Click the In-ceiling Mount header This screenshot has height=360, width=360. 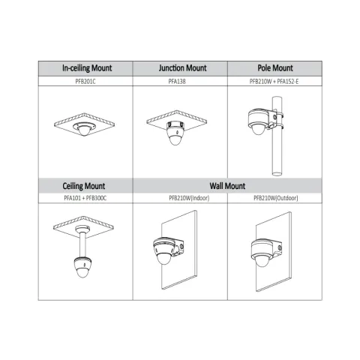click(87, 68)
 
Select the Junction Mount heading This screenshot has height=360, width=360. click(182, 68)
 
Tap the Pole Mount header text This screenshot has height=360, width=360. click(275, 68)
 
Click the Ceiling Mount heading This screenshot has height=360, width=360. click(84, 186)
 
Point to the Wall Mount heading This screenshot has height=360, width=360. click(227, 186)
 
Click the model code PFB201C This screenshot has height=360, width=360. click(85, 82)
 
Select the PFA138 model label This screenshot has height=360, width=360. click(177, 82)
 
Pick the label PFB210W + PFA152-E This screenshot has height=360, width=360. click(274, 82)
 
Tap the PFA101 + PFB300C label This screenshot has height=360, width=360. click(85, 198)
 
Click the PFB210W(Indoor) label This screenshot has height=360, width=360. click(189, 198)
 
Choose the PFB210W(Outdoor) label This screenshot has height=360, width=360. click(276, 198)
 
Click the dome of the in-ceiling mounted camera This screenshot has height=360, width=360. click(83, 130)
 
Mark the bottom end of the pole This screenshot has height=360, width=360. click(277, 173)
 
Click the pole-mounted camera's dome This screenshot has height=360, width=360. click(259, 129)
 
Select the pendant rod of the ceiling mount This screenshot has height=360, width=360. click(82, 244)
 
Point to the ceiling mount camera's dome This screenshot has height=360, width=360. click(82, 272)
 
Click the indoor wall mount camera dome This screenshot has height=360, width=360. click(163, 259)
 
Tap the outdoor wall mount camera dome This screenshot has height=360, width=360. click(262, 260)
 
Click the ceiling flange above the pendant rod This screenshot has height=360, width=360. click(82, 228)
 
